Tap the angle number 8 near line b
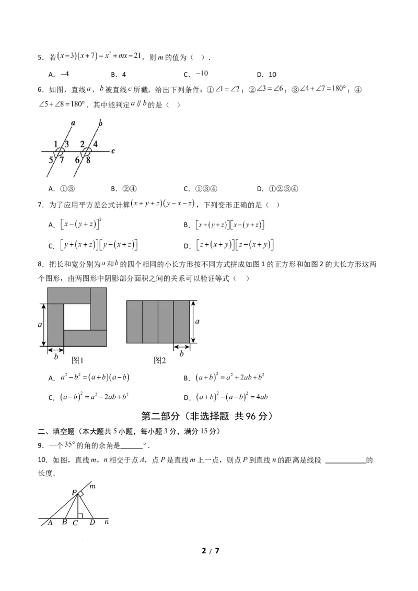tap(88, 160)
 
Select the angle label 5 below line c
tap(51, 160)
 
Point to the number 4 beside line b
tap(96, 144)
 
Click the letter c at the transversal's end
tap(113, 151)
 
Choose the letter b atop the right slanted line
tap(100, 123)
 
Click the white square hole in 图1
tap(77, 317)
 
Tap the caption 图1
tap(77, 360)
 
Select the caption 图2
tap(159, 360)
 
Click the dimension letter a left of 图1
tap(40, 324)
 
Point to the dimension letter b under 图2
tap(182, 354)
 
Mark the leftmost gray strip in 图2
tap(134, 322)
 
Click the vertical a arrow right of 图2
tap(193, 322)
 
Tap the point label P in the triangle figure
tap(74, 492)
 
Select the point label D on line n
tap(92, 522)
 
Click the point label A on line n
tap(50, 522)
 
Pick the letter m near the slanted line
tap(93, 487)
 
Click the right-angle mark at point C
tap(79, 516)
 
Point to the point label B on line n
tap(64, 522)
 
